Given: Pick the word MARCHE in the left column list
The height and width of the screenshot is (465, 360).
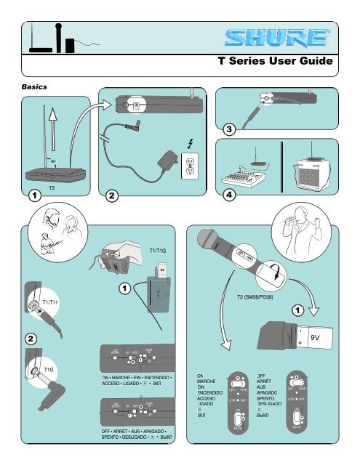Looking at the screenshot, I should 208,383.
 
